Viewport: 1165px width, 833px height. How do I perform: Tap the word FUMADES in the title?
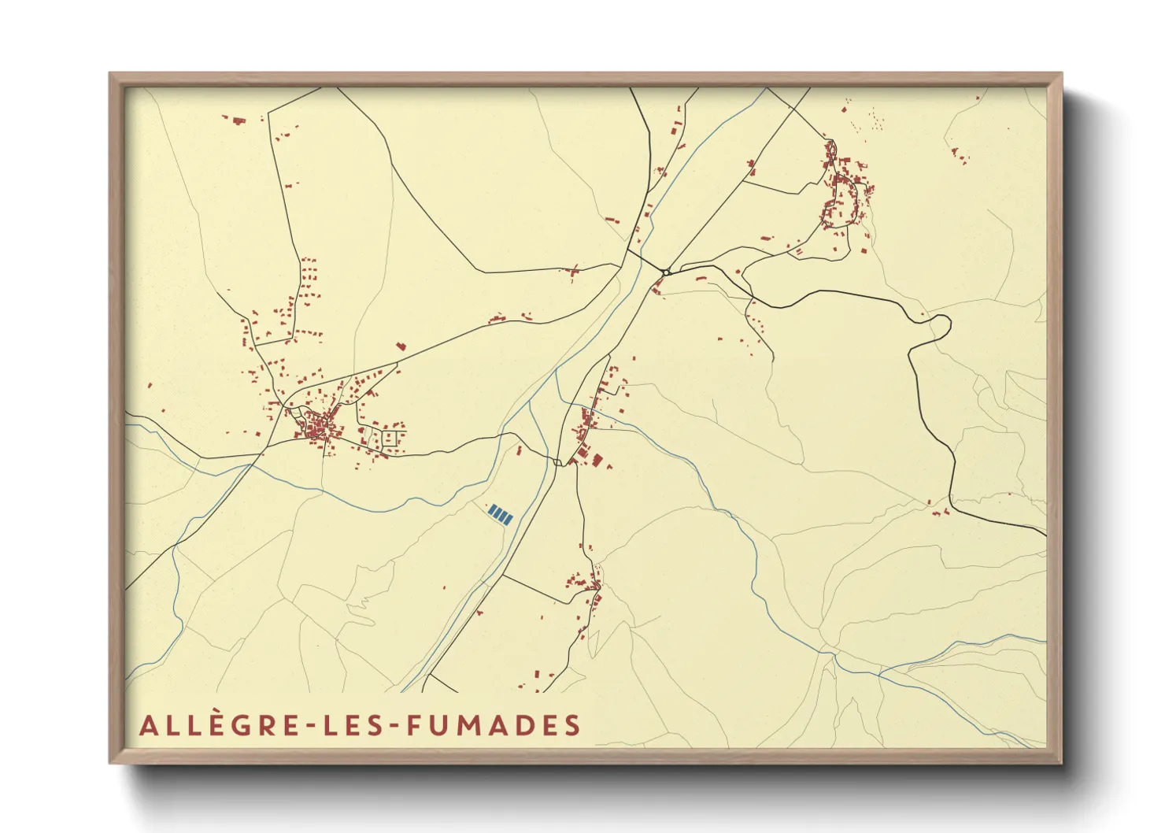click(x=494, y=725)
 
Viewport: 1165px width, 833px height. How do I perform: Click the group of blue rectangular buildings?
click(x=501, y=514)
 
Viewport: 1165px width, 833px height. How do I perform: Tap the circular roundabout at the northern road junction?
click(x=666, y=272)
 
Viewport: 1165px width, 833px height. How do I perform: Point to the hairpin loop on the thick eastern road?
click(x=938, y=324)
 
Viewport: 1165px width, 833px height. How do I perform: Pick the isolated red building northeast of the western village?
click(x=400, y=346)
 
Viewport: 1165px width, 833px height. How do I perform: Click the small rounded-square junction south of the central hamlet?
click(x=557, y=462)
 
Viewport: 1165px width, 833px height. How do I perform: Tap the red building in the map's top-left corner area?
click(x=237, y=120)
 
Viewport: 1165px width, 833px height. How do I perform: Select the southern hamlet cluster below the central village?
click(x=586, y=587)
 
